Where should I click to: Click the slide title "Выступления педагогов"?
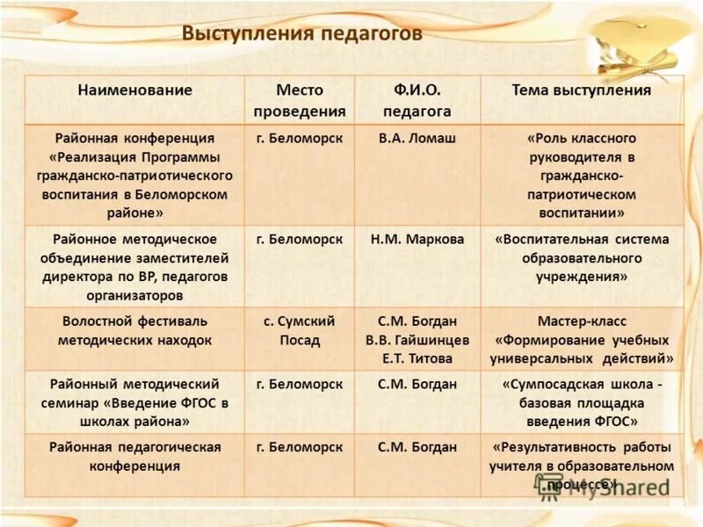pyautogui.click(x=302, y=34)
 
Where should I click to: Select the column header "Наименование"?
pyautogui.click(x=134, y=90)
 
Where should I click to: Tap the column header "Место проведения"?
pyautogui.click(x=299, y=100)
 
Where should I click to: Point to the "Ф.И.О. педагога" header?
pyautogui.click(x=417, y=100)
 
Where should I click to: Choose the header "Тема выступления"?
pyautogui.click(x=582, y=90)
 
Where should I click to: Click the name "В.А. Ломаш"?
pyautogui.click(x=417, y=139)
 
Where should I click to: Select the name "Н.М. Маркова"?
pyautogui.click(x=417, y=239)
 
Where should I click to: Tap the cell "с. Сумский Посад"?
pyautogui.click(x=299, y=330)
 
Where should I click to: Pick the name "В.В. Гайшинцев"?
pyautogui.click(x=417, y=340)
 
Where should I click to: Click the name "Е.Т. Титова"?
pyautogui.click(x=417, y=358)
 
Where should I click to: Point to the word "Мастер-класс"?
pyautogui.click(x=582, y=321)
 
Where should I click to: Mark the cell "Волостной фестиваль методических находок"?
pyautogui.click(x=134, y=330)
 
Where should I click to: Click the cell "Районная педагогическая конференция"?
pyautogui.click(x=134, y=457)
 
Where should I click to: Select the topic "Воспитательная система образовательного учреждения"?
pyautogui.click(x=582, y=257)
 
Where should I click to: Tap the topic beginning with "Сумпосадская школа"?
pyautogui.click(x=582, y=402)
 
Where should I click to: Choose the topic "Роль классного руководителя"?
pyautogui.click(x=582, y=176)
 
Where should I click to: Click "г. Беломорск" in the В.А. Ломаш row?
pyautogui.click(x=299, y=139)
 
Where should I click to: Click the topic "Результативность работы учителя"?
pyautogui.click(x=582, y=466)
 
